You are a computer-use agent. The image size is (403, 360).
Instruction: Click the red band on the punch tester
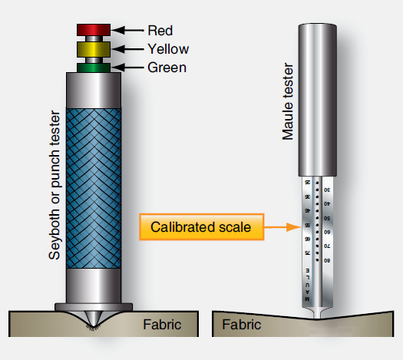(95, 30)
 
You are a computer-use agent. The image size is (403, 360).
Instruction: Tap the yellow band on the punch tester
(95, 49)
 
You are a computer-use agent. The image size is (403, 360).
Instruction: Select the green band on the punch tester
(95, 68)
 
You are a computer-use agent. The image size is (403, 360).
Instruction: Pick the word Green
(167, 68)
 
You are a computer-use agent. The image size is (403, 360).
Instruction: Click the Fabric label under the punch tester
(162, 324)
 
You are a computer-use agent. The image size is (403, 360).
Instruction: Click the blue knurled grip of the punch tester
(95, 187)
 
